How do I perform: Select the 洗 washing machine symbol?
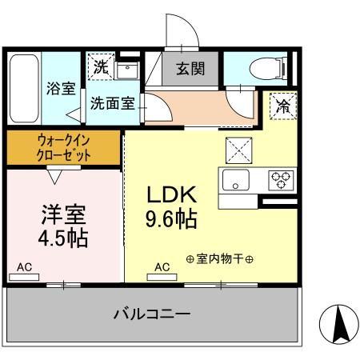pos(100,69)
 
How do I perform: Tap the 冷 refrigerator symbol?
pos(282,104)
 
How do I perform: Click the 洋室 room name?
pos(63,214)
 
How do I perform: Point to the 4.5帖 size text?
pos(63,238)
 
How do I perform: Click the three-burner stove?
pos(280,178)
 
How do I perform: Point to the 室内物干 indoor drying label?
pos(219,258)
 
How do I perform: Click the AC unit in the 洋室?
pos(24,277)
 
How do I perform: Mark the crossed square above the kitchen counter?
pos(238,148)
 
